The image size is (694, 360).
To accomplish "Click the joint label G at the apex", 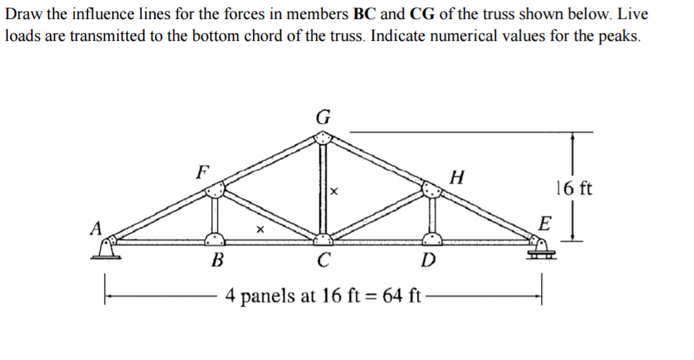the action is coord(323,117).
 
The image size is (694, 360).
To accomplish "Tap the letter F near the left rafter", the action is coord(203,171).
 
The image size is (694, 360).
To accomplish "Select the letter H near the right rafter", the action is coord(457,177).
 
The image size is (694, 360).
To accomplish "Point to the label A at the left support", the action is coord(96,228).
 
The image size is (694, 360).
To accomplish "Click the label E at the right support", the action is coord(545,223).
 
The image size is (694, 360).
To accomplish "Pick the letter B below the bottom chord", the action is coord(217,260).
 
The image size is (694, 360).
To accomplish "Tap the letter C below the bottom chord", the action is coord(323,260).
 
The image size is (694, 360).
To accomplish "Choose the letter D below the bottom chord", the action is coord(428,260).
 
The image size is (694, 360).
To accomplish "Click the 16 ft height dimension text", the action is coord(574,188).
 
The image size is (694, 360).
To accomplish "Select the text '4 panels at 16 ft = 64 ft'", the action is coord(323,295).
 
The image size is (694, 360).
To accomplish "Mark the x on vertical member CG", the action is coord(334,192).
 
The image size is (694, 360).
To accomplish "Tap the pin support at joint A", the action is coord(106,248).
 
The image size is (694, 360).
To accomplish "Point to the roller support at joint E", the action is coord(540,249).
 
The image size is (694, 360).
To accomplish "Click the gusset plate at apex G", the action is coord(323,137).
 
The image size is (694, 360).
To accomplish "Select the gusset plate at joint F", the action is coord(215,191).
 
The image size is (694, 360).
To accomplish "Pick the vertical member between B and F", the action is coord(215,216).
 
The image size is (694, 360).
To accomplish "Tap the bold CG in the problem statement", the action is coord(422,14).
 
